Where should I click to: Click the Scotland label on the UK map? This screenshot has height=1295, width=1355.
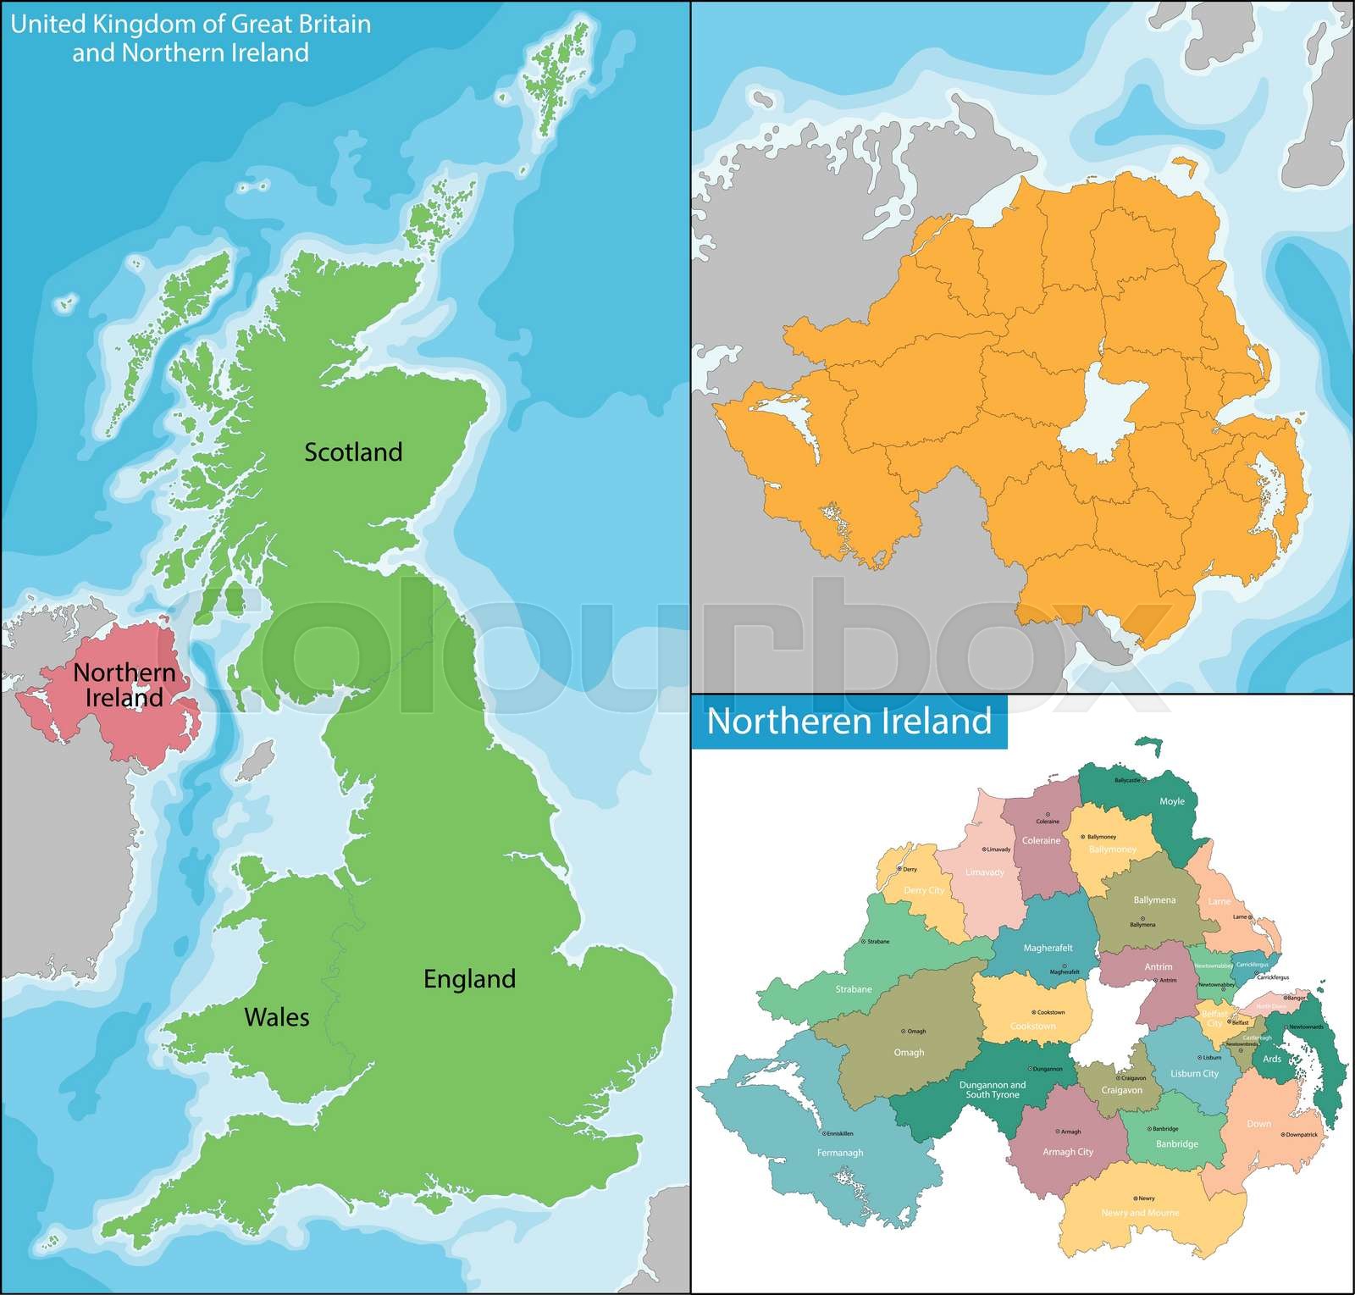[x=353, y=452]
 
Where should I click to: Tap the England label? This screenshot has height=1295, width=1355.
[x=469, y=979]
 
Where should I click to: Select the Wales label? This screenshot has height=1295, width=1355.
[x=277, y=1017]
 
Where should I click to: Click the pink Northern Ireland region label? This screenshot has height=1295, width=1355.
[x=124, y=685]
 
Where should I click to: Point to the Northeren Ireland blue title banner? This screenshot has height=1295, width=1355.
[x=849, y=722]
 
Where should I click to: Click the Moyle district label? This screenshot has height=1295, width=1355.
[x=1172, y=801]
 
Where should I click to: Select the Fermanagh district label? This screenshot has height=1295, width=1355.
[x=840, y=1153]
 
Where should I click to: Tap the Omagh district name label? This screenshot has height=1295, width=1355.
[x=909, y=1053]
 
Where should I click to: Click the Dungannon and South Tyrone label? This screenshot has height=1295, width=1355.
[x=993, y=1089]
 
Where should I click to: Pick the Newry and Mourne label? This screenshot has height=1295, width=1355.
[x=1139, y=1213]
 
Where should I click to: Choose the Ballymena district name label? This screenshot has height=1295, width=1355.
[x=1154, y=900]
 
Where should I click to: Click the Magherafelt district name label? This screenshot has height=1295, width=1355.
[x=1048, y=949]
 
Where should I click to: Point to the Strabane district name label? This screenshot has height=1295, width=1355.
[x=854, y=989]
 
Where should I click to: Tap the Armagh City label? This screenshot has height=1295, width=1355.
[x=1068, y=1152]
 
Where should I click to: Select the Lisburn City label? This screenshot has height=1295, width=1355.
[x=1194, y=1074]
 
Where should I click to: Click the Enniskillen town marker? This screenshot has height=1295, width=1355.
[x=824, y=1133]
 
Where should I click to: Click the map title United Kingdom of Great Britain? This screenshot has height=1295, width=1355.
[x=191, y=25]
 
